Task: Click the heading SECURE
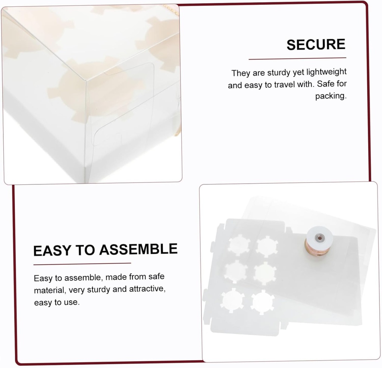[x=316, y=45]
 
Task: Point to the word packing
[x=331, y=96]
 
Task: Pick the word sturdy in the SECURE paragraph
[x=278, y=72]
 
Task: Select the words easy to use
[x=57, y=302]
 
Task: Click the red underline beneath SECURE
[x=297, y=59]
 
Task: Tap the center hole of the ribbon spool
[x=319, y=237]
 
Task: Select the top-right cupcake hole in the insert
[x=267, y=246]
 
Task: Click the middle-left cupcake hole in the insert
[x=236, y=271]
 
